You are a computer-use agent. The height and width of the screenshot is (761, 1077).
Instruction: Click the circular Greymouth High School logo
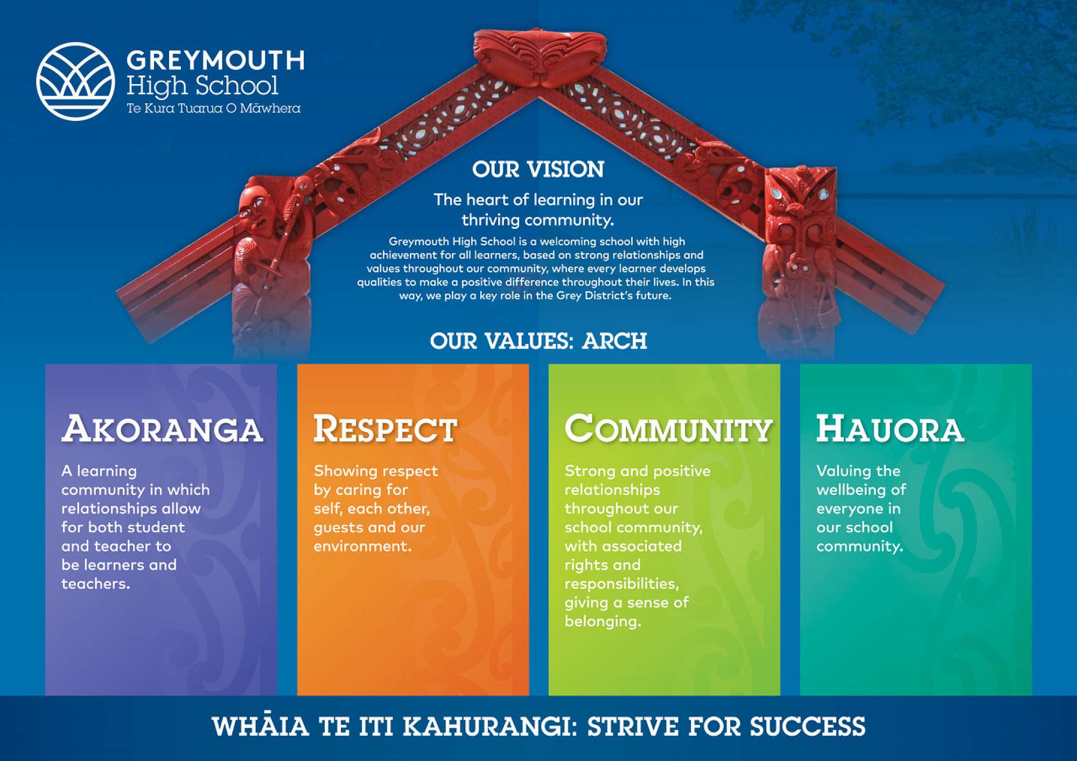75,81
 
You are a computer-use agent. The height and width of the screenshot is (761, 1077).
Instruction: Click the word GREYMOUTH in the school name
215,60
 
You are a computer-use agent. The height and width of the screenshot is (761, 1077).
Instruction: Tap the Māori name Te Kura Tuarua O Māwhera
213,108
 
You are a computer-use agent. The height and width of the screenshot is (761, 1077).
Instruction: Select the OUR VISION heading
538,170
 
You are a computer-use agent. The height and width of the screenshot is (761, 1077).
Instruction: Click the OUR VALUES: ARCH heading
538,341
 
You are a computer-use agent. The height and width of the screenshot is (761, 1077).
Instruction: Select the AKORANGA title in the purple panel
162,429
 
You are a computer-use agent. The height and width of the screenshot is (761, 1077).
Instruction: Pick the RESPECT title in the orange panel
385,429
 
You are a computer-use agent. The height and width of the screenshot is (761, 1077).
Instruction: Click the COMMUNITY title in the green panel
668,429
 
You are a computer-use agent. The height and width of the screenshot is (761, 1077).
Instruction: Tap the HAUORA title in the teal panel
890,429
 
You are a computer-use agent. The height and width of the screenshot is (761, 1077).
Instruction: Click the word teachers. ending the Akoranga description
96,583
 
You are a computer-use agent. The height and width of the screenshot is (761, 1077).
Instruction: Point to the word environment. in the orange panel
362,546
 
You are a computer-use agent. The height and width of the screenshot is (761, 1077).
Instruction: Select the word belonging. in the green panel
603,622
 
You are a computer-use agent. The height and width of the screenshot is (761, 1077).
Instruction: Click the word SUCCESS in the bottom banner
808,726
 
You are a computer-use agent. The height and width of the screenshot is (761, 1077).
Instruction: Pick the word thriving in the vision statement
490,220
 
